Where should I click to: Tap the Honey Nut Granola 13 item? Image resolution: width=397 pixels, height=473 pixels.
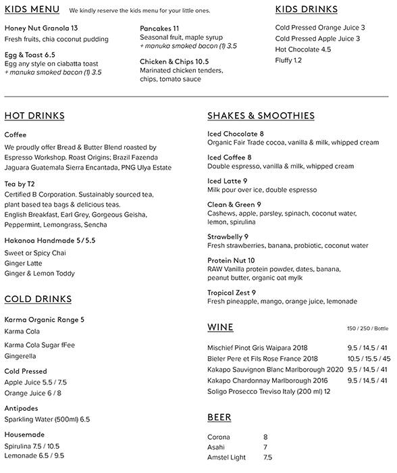tap(41, 28)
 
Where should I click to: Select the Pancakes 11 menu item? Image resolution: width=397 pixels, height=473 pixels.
tap(159, 28)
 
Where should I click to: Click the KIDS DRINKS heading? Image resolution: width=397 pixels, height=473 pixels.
tap(306, 9)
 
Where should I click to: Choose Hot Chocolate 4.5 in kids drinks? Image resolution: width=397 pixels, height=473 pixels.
tap(303, 50)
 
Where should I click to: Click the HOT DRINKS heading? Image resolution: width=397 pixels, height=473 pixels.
tap(34, 116)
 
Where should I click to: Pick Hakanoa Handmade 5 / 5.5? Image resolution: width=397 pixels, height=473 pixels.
tap(50, 240)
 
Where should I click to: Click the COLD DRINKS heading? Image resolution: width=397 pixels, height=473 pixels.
tap(38, 299)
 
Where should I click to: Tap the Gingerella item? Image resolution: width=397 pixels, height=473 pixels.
tap(20, 355)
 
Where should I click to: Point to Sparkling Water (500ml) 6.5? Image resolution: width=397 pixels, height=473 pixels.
tap(47, 420)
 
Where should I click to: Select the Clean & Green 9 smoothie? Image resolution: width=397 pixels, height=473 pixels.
tap(234, 205)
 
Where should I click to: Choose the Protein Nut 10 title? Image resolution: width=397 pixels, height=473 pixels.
tap(231, 260)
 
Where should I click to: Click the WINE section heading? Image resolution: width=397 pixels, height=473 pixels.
tap(220, 328)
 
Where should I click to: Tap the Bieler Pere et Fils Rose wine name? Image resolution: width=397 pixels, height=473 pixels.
tap(263, 359)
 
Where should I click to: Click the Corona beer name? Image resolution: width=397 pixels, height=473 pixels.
tap(219, 437)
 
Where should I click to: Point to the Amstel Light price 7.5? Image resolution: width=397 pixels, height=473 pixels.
tap(268, 457)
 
